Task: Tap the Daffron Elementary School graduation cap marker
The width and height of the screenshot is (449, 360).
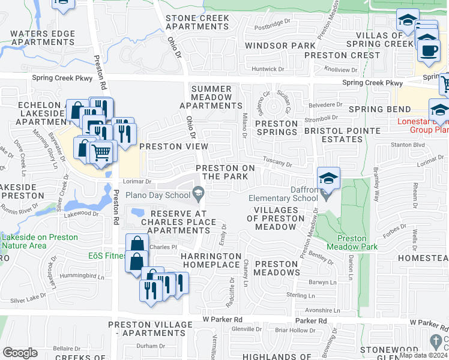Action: tap(328, 178)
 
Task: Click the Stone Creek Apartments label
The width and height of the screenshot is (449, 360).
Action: tap(197, 22)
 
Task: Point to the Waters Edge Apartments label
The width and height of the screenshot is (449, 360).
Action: tap(43, 38)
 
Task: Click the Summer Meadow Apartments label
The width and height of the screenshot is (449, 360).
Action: tap(211, 97)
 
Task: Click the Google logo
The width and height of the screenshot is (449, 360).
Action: tap(20, 352)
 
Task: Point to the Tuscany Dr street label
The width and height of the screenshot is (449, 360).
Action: tap(278, 163)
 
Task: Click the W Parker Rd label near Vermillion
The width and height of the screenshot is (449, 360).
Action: tap(222, 320)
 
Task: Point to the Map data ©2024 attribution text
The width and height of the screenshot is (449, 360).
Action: tap(423, 355)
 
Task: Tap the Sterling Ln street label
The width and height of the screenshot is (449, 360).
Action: tap(301, 296)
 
